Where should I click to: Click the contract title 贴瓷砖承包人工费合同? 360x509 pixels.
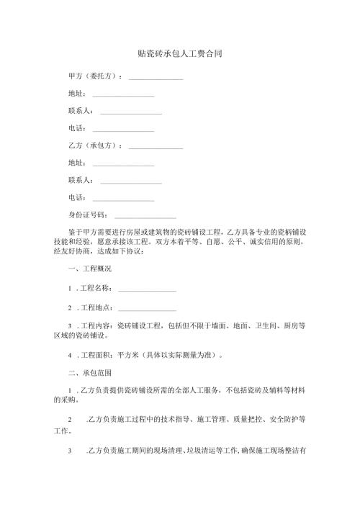(x=179, y=53)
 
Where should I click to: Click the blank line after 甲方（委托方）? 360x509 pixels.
(x=156, y=77)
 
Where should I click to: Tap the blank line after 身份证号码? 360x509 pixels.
(x=145, y=215)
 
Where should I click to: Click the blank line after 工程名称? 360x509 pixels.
(x=147, y=289)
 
